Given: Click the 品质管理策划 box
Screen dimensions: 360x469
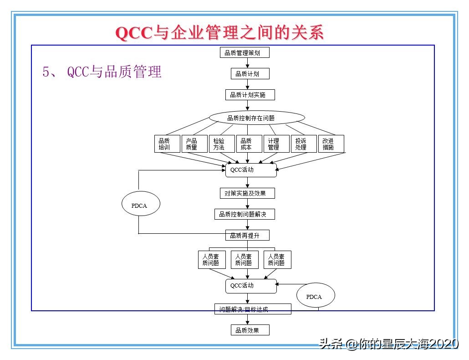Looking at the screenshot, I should (245, 52).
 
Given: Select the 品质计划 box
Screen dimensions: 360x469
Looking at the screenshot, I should (247, 74).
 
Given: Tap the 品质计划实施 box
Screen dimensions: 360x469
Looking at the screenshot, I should (250, 95).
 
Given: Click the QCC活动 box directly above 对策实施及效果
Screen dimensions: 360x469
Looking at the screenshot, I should (251, 170).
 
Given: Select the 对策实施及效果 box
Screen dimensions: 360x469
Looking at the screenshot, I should (247, 193).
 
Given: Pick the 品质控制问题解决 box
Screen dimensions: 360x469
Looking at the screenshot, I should (245, 214).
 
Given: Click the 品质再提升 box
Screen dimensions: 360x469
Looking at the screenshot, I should (247, 235).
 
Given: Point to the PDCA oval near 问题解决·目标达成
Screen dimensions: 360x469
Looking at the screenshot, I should (316, 297).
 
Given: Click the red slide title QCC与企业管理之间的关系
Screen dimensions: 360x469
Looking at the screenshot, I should (219, 33).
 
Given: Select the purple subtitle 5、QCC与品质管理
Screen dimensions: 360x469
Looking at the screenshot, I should (102, 72).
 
